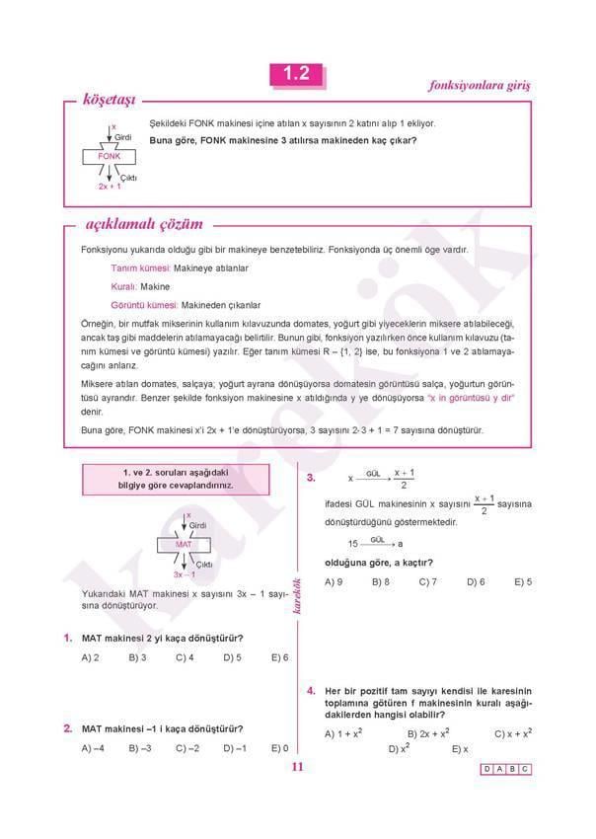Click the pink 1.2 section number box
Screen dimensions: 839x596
pyautogui.click(x=296, y=74)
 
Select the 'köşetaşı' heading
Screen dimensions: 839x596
pyautogui.click(x=110, y=100)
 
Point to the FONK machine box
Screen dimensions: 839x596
pyautogui.click(x=110, y=156)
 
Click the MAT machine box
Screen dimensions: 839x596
pyautogui.click(x=184, y=544)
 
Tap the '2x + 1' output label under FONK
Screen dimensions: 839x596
pyautogui.click(x=110, y=186)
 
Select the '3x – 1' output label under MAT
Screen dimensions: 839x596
pyautogui.click(x=184, y=573)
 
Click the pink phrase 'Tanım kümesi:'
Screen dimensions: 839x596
pyautogui.click(x=140, y=267)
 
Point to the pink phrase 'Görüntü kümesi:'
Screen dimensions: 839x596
pyautogui.click(x=145, y=305)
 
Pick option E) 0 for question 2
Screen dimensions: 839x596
pyautogui.click(x=279, y=748)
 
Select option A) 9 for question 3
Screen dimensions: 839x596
pyautogui.click(x=334, y=581)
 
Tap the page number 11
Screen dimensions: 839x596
pyautogui.click(x=297, y=771)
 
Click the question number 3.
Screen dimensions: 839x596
pyautogui.click(x=311, y=478)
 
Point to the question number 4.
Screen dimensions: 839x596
pyautogui.click(x=311, y=690)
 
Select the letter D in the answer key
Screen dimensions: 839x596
pyautogui.click(x=488, y=769)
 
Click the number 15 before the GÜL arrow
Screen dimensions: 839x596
pyautogui.click(x=352, y=543)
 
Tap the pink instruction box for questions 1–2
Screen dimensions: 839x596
pyautogui.click(x=177, y=480)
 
